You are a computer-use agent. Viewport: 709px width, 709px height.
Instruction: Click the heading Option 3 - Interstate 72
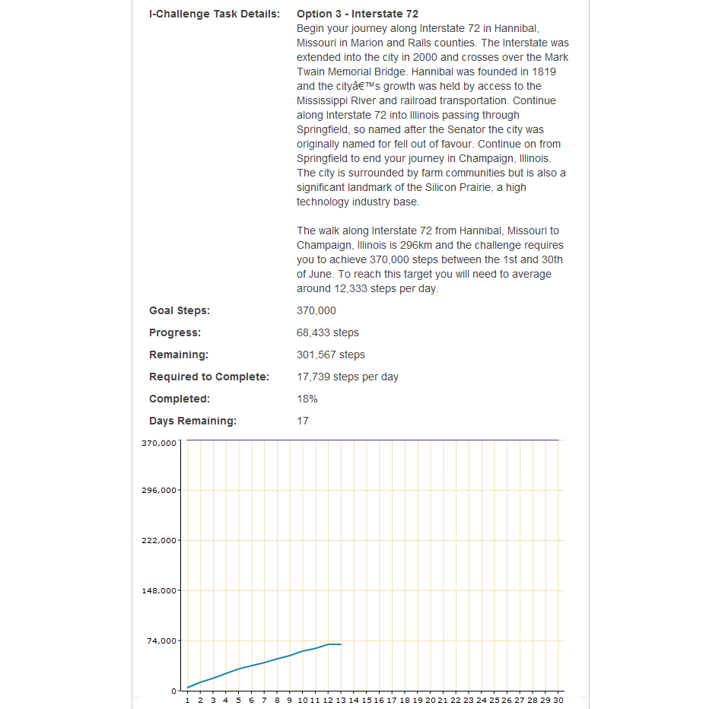357,14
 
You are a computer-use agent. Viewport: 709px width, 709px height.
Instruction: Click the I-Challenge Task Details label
214,14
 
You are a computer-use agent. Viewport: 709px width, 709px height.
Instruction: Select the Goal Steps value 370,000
316,310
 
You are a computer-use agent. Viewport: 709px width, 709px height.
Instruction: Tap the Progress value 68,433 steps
327,332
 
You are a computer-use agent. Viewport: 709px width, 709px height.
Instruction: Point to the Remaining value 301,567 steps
330,354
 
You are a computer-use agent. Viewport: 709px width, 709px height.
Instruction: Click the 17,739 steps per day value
347,377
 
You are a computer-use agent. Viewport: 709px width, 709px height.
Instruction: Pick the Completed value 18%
307,399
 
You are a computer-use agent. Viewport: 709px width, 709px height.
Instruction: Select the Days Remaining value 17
302,421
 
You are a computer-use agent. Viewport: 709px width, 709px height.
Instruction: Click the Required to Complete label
208,377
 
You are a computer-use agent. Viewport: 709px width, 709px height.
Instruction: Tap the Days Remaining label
192,421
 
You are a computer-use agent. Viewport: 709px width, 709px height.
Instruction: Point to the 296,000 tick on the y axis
159,490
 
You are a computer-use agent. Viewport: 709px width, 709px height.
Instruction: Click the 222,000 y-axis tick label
159,540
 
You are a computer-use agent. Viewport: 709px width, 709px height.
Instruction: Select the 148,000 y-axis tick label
159,590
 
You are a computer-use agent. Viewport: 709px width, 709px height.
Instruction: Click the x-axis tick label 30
558,700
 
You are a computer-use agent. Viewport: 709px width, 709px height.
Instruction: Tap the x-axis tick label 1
187,700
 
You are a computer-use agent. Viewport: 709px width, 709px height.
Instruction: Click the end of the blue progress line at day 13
341,644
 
